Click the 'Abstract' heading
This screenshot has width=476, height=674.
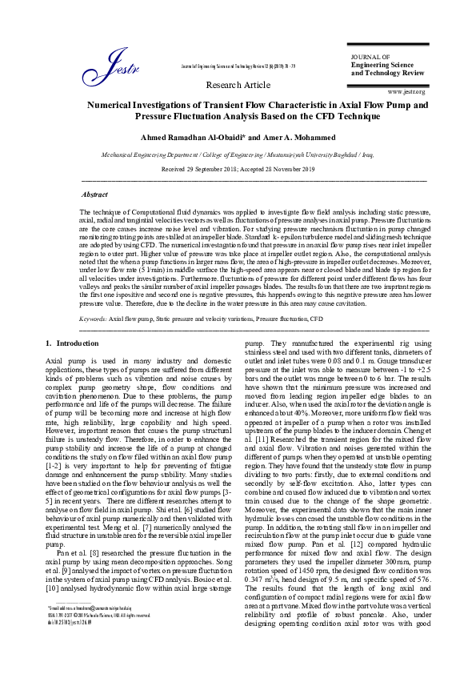pos(96,195)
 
